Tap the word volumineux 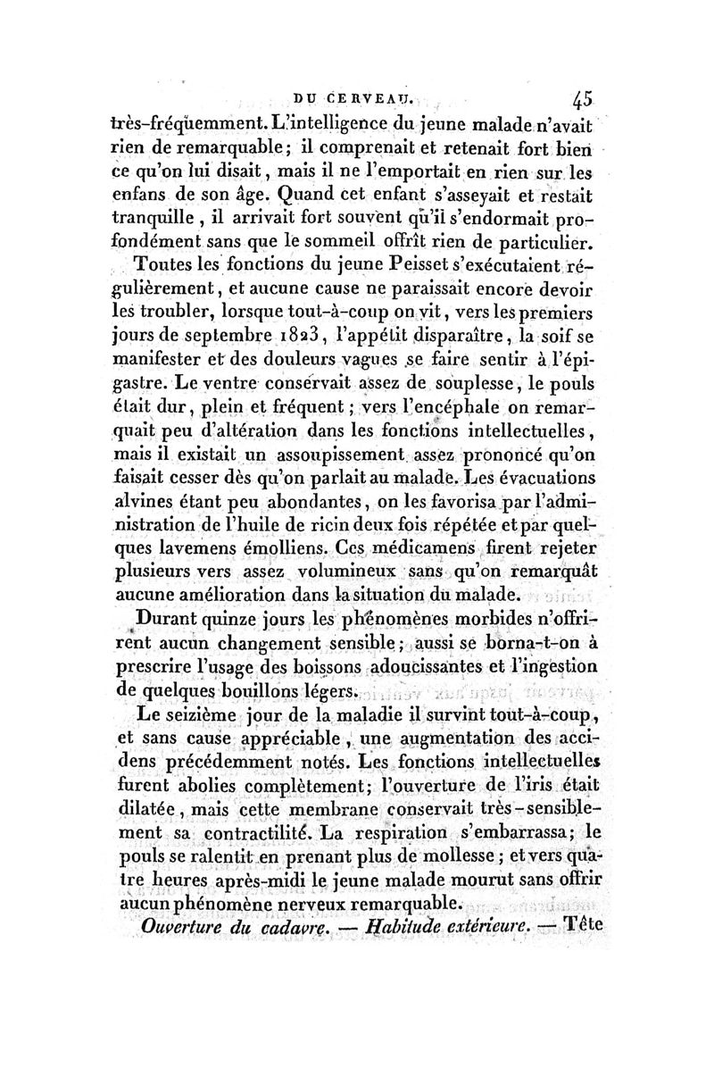click(344, 571)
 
